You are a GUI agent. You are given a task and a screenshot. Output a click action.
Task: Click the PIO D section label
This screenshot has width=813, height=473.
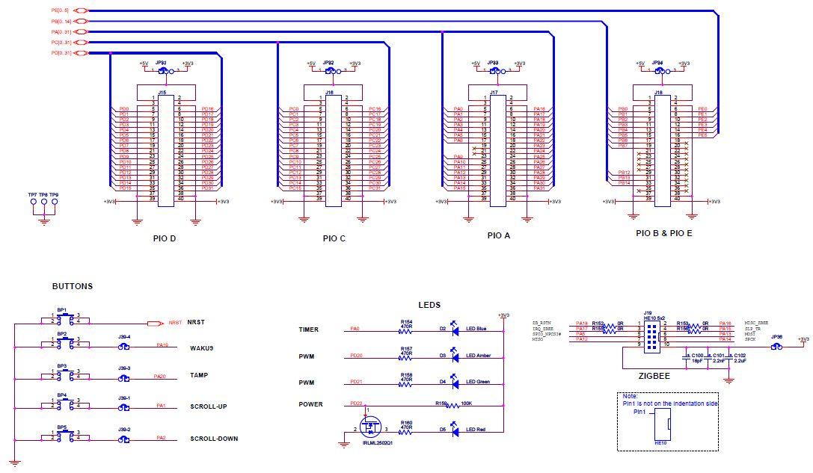163,238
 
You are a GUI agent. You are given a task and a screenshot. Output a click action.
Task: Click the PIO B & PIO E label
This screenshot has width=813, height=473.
664,233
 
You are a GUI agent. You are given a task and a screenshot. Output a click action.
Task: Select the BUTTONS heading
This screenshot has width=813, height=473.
73,286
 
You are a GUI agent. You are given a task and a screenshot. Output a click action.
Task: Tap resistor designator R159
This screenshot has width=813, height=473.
441,404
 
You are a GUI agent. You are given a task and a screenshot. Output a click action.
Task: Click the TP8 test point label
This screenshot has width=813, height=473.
43,194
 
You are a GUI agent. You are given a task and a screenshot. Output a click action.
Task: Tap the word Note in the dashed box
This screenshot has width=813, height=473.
630,396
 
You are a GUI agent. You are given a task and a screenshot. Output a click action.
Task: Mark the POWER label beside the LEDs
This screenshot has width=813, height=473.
310,404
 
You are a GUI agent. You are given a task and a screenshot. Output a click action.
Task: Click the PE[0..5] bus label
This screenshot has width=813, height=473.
61,10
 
